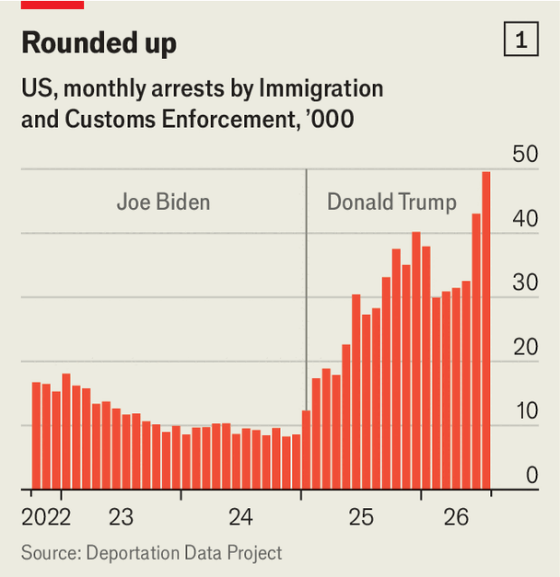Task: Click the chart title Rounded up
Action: tap(99, 43)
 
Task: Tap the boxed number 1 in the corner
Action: tap(521, 39)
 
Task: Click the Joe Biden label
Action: tap(163, 202)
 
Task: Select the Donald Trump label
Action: tap(392, 202)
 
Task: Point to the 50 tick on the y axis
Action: tap(525, 154)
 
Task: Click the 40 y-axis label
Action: tap(525, 219)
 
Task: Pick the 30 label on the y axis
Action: tap(525, 283)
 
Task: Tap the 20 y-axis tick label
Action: tap(526, 347)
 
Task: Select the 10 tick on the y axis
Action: tap(527, 411)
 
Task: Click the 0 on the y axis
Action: tap(532, 475)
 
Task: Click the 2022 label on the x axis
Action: tap(46, 517)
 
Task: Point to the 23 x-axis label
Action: tap(121, 517)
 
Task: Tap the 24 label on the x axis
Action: tap(240, 517)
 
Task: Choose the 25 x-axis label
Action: tap(361, 517)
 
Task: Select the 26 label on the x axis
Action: tap(456, 517)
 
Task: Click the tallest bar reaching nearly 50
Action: tap(486, 330)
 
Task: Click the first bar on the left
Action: tap(36, 435)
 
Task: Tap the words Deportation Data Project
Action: tap(184, 553)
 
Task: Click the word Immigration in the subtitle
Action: tap(321, 89)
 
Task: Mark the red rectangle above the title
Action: tap(52, 5)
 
